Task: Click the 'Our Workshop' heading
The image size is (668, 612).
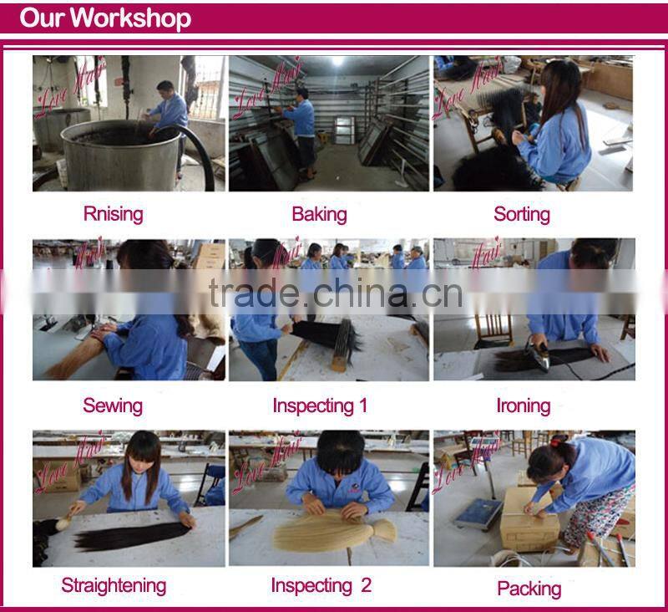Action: (105, 18)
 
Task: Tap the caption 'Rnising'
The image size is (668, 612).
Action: (113, 214)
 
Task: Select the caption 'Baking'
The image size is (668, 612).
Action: (319, 214)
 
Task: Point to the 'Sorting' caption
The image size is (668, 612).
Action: (521, 214)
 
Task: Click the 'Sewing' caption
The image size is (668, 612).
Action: (113, 405)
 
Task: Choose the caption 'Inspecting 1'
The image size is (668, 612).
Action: (320, 405)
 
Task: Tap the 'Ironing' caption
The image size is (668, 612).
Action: (524, 405)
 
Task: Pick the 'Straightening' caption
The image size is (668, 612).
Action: (114, 585)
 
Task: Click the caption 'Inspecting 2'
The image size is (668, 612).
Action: (321, 585)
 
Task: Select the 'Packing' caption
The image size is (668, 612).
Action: (529, 589)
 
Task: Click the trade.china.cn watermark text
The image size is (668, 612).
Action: (336, 293)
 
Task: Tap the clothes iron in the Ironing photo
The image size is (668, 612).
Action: (536, 353)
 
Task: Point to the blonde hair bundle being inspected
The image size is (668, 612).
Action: (335, 531)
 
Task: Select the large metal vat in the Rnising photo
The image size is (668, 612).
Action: (121, 156)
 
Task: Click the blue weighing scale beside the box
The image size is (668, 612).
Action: (478, 514)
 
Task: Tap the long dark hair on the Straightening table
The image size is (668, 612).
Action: (132, 536)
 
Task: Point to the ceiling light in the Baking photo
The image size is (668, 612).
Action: (337, 60)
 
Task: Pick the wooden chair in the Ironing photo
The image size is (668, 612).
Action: (493, 331)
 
